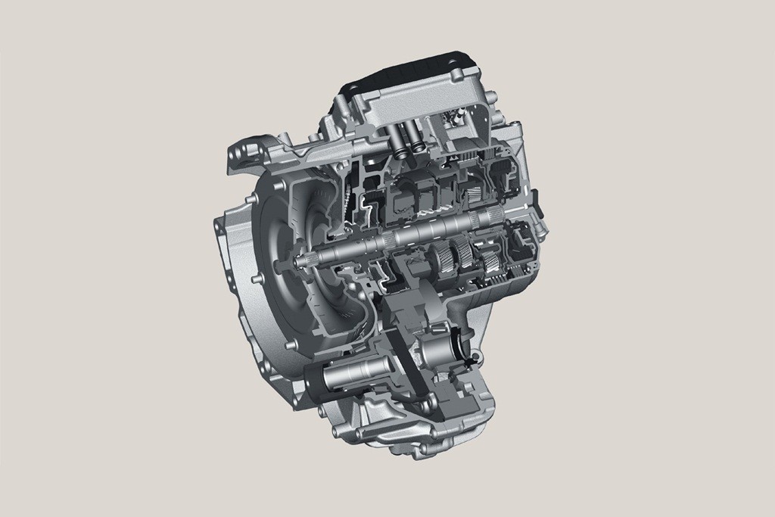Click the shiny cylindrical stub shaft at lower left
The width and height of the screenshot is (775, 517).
coord(356,375)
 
